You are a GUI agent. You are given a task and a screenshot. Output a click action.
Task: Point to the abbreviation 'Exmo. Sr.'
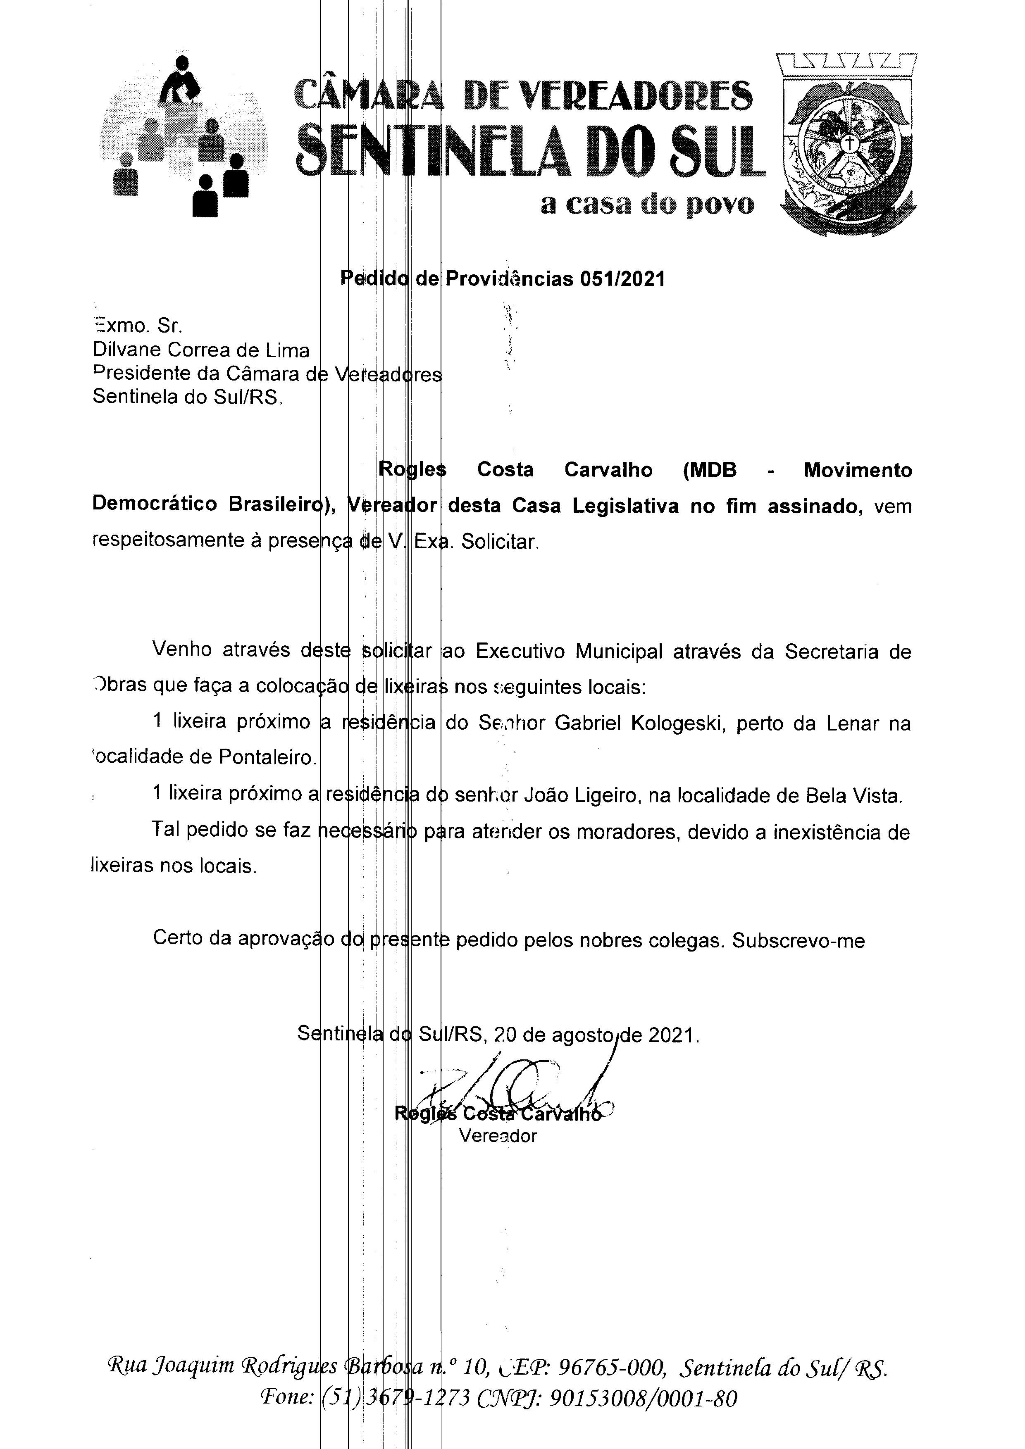pos(138,326)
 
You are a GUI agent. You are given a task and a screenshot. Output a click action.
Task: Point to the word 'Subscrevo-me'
pos(799,941)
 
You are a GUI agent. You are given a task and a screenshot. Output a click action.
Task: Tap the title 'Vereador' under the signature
pos(498,1136)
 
